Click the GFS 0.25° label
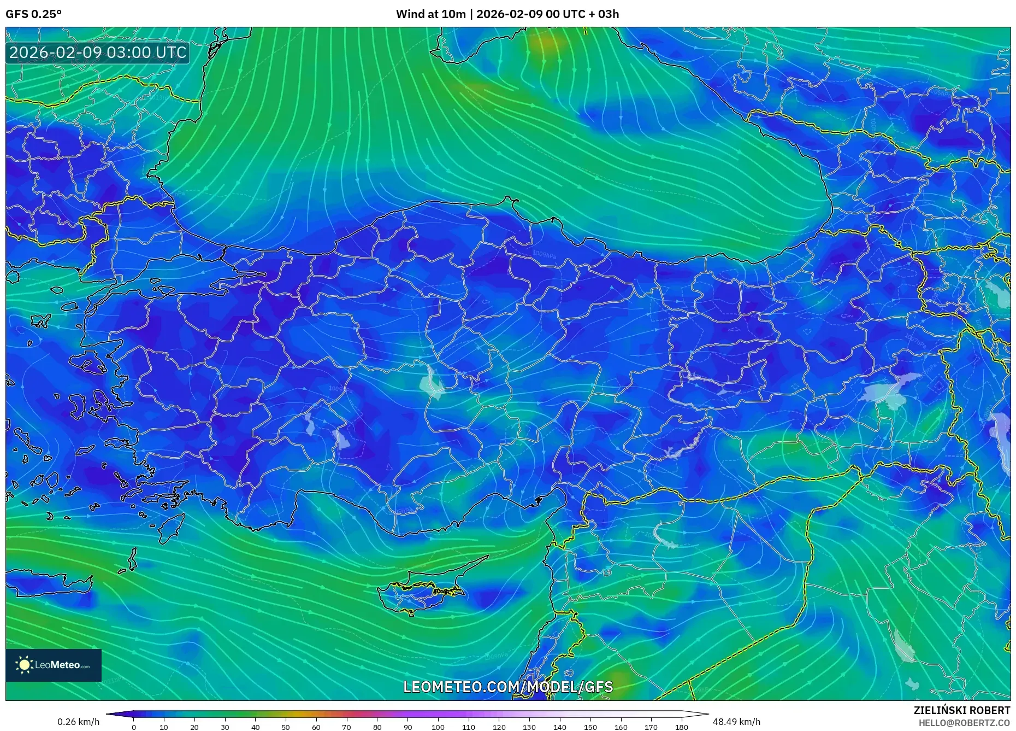(33, 14)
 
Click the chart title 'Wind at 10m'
(430, 14)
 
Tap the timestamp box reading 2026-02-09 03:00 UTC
(98, 52)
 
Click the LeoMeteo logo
(54, 665)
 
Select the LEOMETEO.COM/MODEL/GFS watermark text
(508, 687)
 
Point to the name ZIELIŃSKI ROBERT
(961, 710)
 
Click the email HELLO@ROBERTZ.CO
(964, 723)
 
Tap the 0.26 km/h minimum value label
(79, 722)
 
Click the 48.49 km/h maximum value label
(736, 722)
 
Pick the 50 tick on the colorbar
(286, 727)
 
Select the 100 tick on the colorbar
(438, 727)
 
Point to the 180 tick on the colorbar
(681, 727)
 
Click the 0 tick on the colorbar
(134, 727)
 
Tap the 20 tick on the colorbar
(194, 727)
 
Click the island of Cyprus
(423, 588)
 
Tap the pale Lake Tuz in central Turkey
(432, 383)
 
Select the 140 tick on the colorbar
(560, 727)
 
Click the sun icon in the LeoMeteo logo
(24, 665)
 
